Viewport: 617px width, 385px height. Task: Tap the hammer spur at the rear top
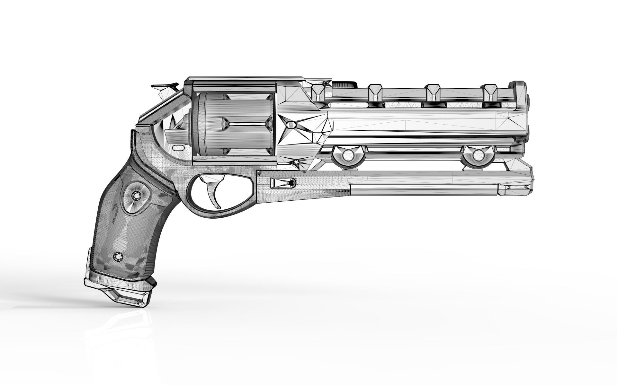click(165, 86)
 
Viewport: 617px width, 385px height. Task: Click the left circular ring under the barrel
click(348, 156)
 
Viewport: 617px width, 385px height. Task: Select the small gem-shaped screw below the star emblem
click(296, 164)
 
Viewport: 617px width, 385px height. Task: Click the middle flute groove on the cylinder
click(247, 123)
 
